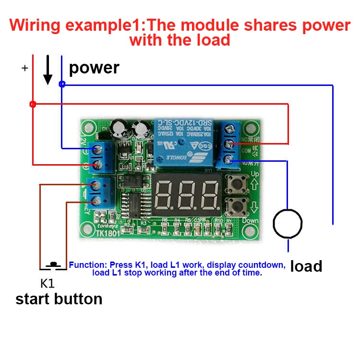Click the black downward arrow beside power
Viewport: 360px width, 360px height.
click(48, 71)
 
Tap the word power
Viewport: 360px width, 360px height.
click(94, 68)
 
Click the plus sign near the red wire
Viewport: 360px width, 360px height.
click(25, 69)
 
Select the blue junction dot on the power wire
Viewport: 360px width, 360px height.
click(61, 84)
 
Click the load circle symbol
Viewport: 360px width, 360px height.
click(288, 224)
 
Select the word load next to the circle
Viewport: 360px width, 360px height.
click(306, 266)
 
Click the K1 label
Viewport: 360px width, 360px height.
click(47, 282)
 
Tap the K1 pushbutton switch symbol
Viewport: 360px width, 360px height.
click(53, 265)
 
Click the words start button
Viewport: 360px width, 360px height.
click(59, 299)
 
